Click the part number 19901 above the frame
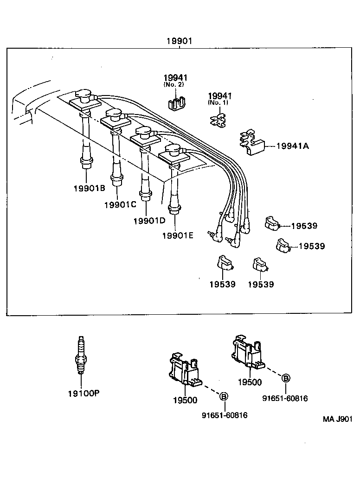pyautogui.click(x=179, y=41)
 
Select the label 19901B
pyautogui.click(x=90, y=188)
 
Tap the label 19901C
pyautogui.click(x=120, y=204)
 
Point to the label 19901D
pyautogui.click(x=149, y=220)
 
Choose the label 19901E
pyautogui.click(x=178, y=235)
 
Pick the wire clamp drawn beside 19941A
pyautogui.click(x=251, y=142)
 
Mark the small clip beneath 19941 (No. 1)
pyautogui.click(x=218, y=121)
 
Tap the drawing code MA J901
pyautogui.click(x=337, y=419)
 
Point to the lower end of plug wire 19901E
pyautogui.click(x=175, y=209)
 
